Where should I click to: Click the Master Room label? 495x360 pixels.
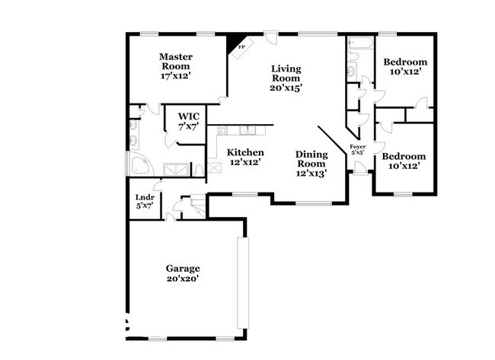click(176, 66)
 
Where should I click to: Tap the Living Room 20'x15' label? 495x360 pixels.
click(286, 78)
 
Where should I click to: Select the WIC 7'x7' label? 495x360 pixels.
click(188, 121)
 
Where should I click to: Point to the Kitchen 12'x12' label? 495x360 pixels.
click(245, 157)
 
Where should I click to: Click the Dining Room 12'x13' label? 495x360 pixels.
click(311, 164)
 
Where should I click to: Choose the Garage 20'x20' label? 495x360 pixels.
click(183, 273)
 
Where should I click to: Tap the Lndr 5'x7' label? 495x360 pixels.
click(145, 202)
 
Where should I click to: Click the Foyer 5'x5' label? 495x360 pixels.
click(358, 149)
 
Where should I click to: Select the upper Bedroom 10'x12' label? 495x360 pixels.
click(405, 66)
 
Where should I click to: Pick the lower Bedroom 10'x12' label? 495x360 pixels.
click(404, 161)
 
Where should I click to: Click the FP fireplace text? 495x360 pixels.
click(241, 47)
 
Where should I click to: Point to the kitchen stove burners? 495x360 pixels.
click(222, 130)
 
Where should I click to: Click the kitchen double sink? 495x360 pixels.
click(247, 130)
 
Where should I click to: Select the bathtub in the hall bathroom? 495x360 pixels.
click(360, 42)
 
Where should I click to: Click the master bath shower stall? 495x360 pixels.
click(176, 170)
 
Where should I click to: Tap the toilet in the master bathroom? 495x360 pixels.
click(199, 170)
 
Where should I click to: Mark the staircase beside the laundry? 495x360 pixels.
click(199, 206)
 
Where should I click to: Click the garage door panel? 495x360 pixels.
click(243, 283)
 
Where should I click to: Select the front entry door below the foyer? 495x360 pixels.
click(360, 167)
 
